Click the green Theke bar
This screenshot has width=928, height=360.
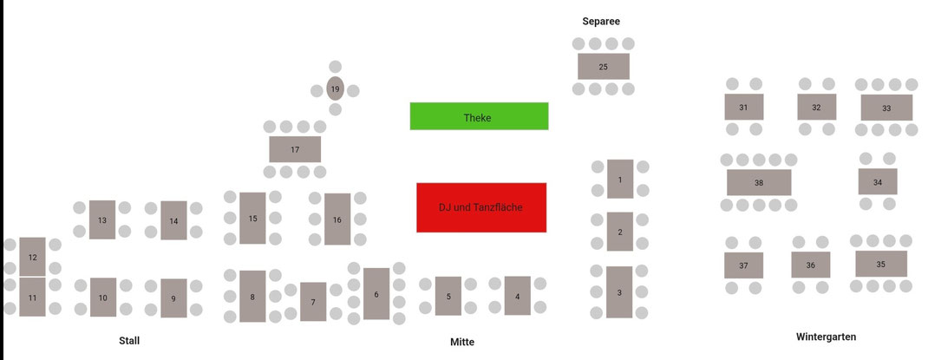point(479,116)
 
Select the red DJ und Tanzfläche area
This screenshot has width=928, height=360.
point(481,207)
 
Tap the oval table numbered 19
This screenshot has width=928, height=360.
point(336,88)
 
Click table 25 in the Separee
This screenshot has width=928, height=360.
point(604,66)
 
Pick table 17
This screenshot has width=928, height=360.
point(295,149)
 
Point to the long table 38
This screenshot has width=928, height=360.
point(759,182)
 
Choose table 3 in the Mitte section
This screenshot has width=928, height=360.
point(619,292)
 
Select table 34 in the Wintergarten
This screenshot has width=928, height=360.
point(878,182)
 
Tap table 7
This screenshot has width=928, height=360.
point(313,302)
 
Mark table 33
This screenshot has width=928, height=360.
point(886,108)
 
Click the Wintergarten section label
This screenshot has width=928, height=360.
point(826,336)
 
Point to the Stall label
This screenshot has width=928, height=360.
point(129,340)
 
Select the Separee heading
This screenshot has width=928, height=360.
point(601,21)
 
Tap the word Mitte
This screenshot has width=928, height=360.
point(462,342)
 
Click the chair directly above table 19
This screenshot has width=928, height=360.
point(336,67)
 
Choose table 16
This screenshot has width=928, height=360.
point(337,219)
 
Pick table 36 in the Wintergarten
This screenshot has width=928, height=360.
point(810,265)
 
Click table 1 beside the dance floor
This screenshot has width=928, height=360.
point(620,180)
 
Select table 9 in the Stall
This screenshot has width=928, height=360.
point(173,298)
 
